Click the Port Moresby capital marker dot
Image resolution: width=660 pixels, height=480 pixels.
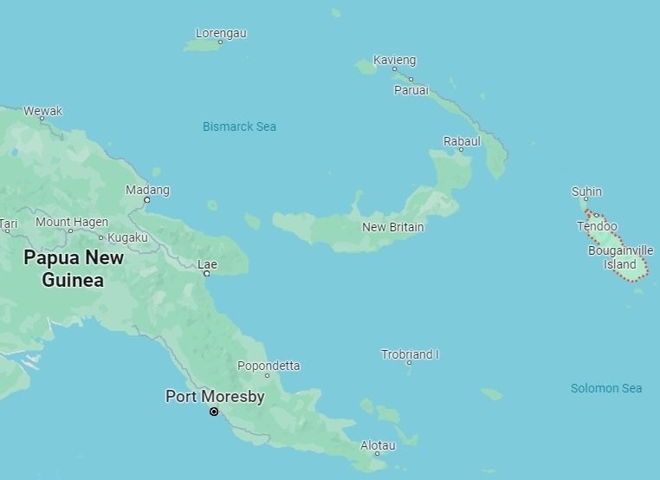tap(214, 412)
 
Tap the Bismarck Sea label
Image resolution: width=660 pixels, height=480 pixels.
tap(239, 126)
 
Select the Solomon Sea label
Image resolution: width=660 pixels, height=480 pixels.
tap(606, 388)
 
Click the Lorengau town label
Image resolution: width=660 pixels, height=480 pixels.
tap(221, 33)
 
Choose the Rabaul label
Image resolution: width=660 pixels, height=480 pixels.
tap(462, 140)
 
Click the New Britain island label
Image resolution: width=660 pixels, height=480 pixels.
tap(393, 227)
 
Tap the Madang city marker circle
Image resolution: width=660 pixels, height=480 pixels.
tap(146, 200)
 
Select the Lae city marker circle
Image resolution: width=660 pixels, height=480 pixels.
tap(206, 274)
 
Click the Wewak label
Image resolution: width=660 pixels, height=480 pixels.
tap(42, 111)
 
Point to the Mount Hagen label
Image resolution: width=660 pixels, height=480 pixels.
tap(72, 222)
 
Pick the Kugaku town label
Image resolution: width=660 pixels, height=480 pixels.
tap(128, 237)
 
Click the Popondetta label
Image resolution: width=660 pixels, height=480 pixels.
tap(269, 366)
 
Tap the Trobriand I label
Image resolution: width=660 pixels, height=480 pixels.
tap(410, 354)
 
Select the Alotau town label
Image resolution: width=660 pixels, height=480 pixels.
tap(378, 445)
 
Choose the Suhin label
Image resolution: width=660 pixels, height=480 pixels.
tap(586, 191)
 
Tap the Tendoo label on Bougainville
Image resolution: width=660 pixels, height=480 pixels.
tap(598, 226)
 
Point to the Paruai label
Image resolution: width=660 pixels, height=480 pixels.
tap(411, 89)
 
